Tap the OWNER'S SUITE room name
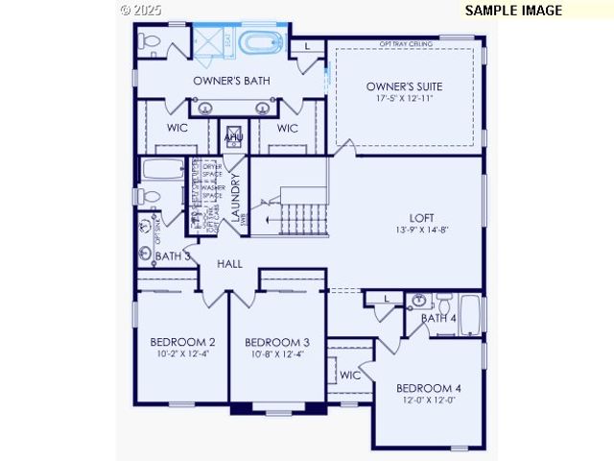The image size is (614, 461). coord(404,87)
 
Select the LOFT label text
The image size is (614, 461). coord(422,217)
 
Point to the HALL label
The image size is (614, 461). coord(229,263)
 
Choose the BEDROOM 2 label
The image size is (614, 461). coord(182,342)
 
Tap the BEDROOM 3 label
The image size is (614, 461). coord(276,342)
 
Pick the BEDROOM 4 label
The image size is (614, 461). coord(429,388)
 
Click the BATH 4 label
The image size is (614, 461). coord(438,318)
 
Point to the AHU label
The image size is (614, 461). coord(233,138)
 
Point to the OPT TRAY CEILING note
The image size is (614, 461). coord(406,44)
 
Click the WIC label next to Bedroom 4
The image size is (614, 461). coord(349,375)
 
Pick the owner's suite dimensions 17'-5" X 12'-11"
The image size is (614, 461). coord(404,100)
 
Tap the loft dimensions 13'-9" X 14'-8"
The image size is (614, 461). coord(422,230)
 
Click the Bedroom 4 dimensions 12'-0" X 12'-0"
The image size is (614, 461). coord(429,400)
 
